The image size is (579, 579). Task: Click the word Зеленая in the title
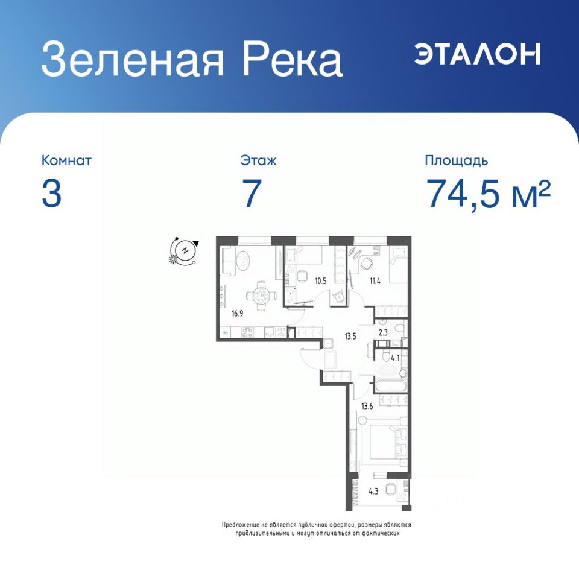pyautogui.click(x=133, y=59)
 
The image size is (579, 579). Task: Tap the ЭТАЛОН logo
pyautogui.click(x=477, y=54)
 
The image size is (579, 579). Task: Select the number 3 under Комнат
pyautogui.click(x=51, y=194)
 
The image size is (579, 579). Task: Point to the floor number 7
pyautogui.click(x=252, y=194)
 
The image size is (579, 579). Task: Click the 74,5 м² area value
pyautogui.click(x=489, y=193)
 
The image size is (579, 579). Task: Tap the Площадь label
pyautogui.click(x=457, y=161)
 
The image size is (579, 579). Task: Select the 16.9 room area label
pyautogui.click(x=238, y=314)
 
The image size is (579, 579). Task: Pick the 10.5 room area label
pyautogui.click(x=320, y=281)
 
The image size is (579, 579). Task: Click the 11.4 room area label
pyautogui.click(x=375, y=281)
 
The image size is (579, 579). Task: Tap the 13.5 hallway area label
pyautogui.click(x=350, y=336)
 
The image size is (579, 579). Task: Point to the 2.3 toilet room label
pyautogui.click(x=384, y=332)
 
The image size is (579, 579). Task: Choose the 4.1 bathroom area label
pyautogui.click(x=395, y=358)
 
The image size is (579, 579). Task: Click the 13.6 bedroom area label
pyautogui.click(x=367, y=407)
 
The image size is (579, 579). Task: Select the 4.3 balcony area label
pyautogui.click(x=373, y=492)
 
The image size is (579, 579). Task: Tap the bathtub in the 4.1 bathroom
pyautogui.click(x=391, y=386)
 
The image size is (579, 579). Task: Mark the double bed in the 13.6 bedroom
pyautogui.click(x=388, y=441)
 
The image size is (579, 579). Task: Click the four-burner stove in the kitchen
pyautogui.click(x=247, y=332)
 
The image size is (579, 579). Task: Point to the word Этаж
pyautogui.click(x=258, y=161)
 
